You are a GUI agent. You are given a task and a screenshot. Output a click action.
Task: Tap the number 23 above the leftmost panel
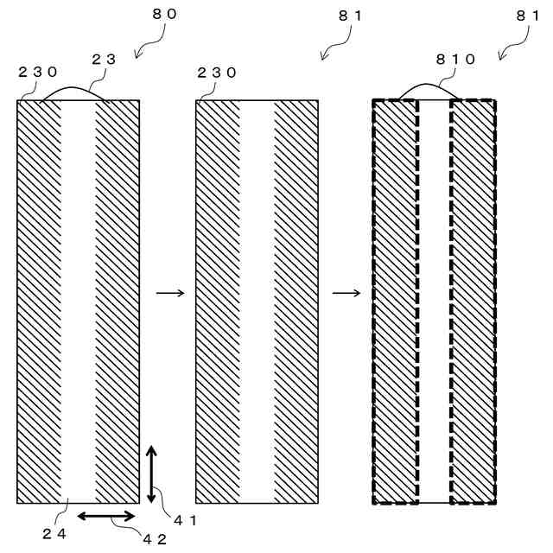coord(104,59)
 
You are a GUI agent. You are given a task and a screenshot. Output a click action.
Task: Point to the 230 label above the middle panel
coord(217,73)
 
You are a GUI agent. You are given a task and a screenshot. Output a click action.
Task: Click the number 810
coord(455,60)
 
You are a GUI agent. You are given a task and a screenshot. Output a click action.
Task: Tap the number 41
coord(186,519)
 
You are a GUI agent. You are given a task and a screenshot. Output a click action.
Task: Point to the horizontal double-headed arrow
coord(107,516)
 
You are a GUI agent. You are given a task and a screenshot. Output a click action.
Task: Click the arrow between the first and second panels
coord(170,293)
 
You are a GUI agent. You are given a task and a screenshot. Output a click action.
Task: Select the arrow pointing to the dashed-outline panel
coord(346,293)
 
